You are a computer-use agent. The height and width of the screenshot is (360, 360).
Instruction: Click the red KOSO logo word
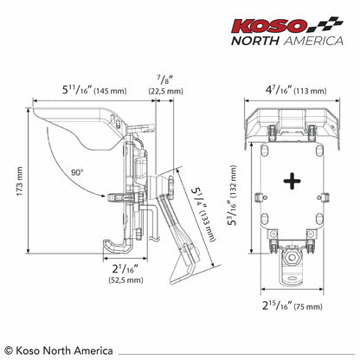coord(269,26)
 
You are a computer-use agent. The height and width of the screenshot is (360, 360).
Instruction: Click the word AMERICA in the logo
coord(313,41)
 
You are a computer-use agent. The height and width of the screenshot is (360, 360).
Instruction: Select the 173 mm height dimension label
coord(19,181)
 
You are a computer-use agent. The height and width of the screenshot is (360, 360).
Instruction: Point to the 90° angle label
coord(77,172)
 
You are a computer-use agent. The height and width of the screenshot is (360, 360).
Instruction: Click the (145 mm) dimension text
coord(111,91)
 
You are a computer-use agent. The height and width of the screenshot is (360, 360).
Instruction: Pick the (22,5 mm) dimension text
coord(166,91)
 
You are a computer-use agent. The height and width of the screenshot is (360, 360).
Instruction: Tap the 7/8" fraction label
coord(165,80)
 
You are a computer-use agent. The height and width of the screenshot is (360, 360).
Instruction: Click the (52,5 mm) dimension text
coord(125,280)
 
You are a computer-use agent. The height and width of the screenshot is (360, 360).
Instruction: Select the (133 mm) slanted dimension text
coord(208,226)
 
